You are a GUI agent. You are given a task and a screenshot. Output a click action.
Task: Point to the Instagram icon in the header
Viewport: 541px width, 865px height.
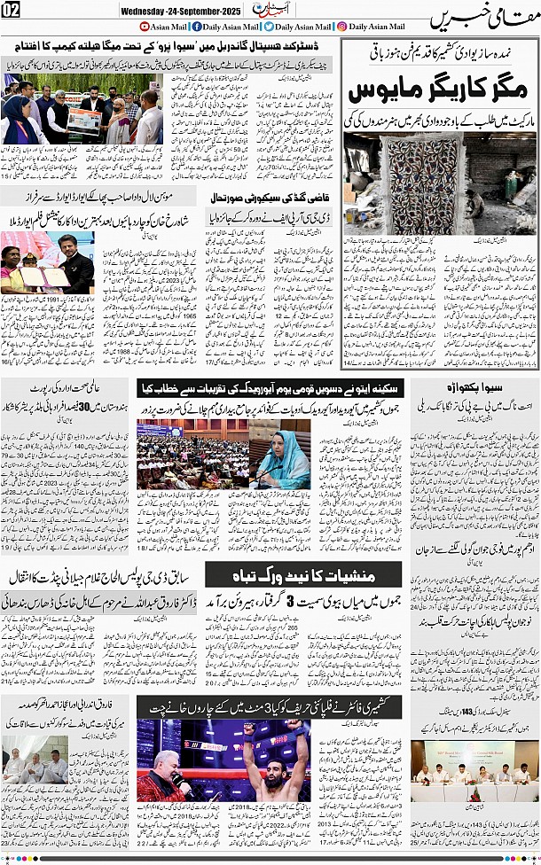(x=341, y=27)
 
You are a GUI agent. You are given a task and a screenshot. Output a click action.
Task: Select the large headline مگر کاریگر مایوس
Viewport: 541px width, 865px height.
(x=441, y=91)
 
